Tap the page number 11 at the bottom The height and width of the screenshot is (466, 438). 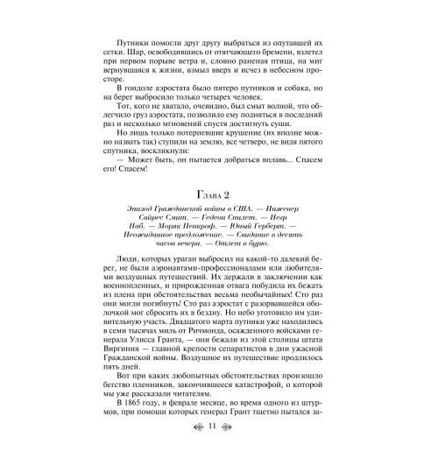219,449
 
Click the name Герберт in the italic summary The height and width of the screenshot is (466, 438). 291,237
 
